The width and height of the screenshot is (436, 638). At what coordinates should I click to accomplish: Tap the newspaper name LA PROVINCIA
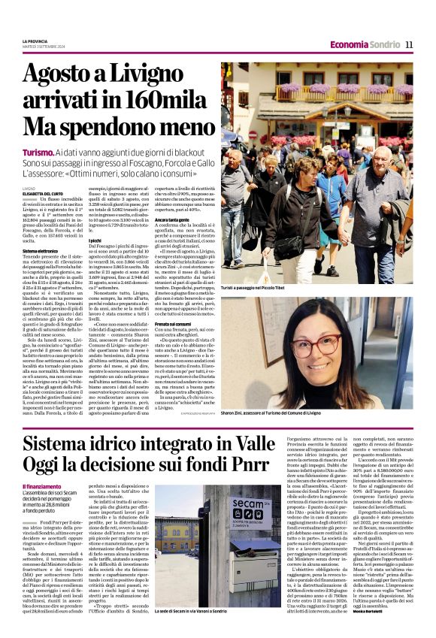(36, 41)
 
